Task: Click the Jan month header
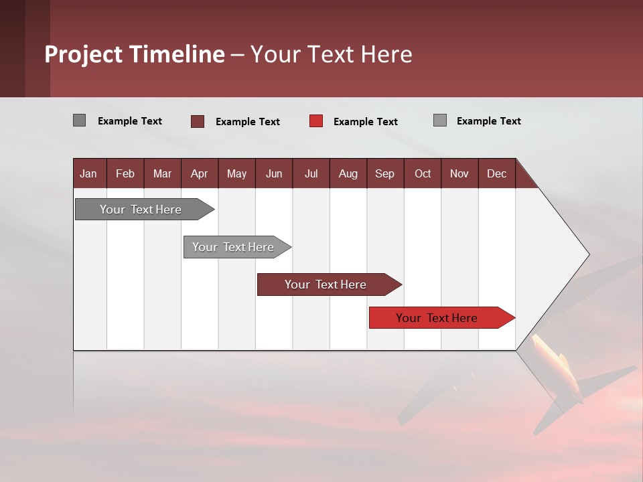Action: pos(88,173)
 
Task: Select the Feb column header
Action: pos(125,173)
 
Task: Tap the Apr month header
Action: pos(199,173)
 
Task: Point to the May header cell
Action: pos(236,173)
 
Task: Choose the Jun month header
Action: pos(274,173)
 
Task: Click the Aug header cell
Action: pos(348,173)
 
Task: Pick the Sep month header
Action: pos(384,173)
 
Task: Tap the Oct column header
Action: pos(423,173)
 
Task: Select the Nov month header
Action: pos(459,173)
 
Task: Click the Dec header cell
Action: pos(496,173)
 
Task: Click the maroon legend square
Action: pos(198,121)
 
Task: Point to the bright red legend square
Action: pos(316,121)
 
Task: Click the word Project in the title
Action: pos(83,54)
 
